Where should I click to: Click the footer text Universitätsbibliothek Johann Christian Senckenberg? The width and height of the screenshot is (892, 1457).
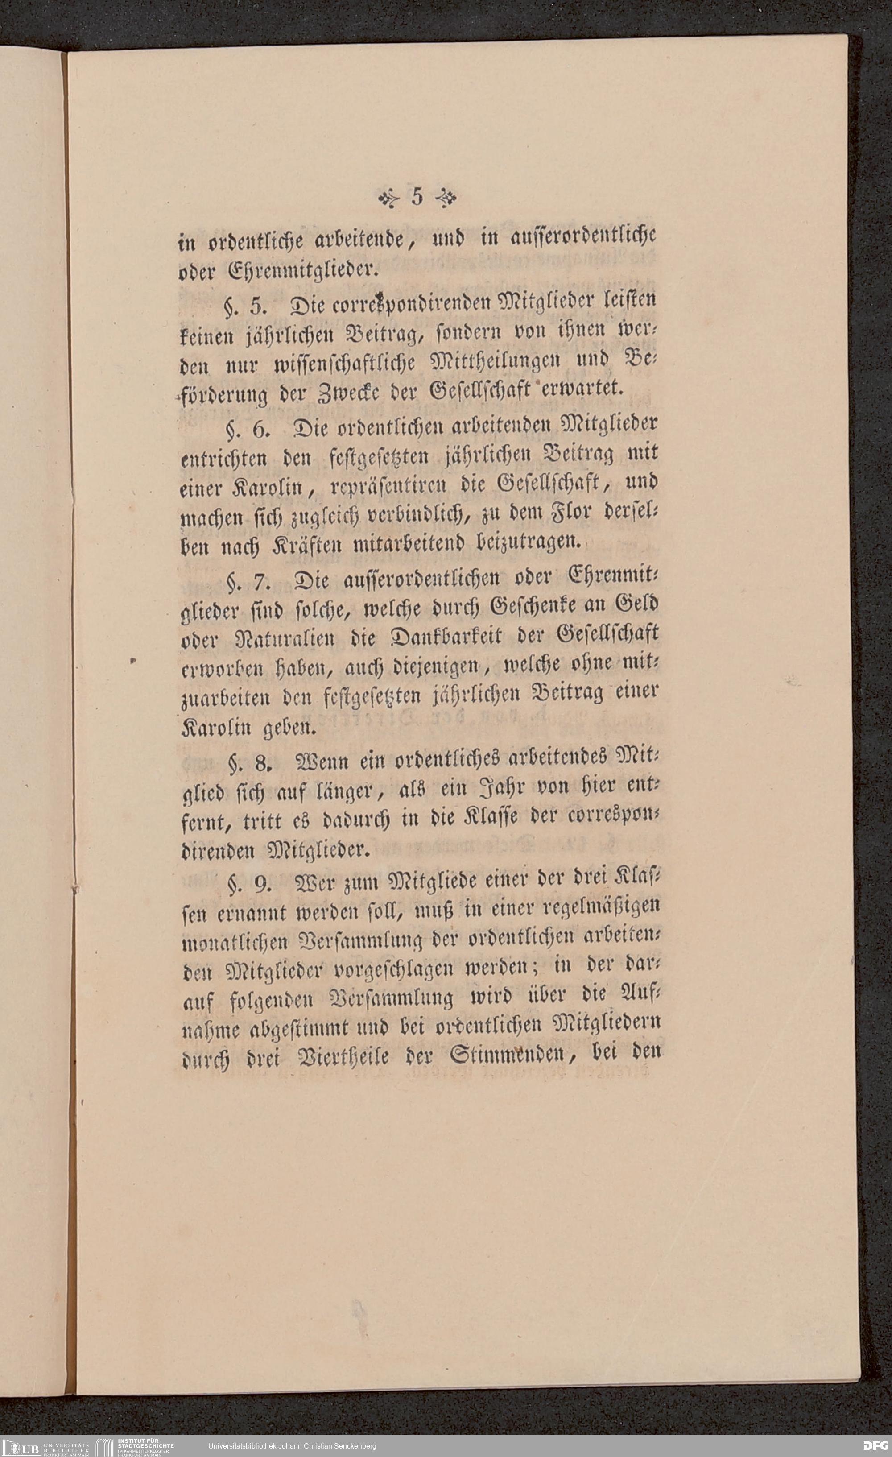click(292, 1446)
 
